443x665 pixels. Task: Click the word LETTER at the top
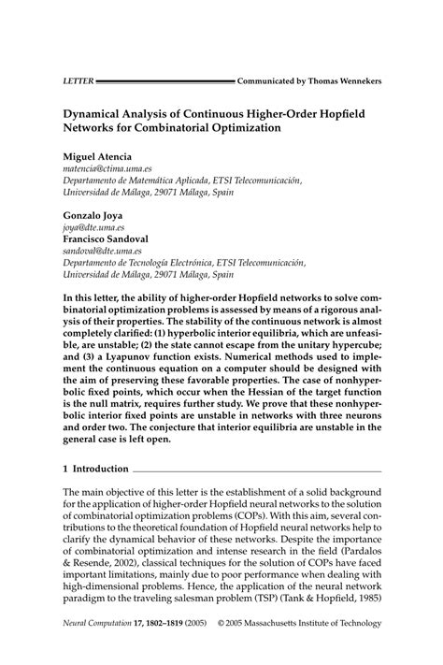pos(78,81)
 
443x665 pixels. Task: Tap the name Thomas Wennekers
pos(341,81)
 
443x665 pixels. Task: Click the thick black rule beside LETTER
pos(164,81)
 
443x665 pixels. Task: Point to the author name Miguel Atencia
pos(97,154)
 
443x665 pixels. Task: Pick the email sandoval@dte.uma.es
pos(102,252)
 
